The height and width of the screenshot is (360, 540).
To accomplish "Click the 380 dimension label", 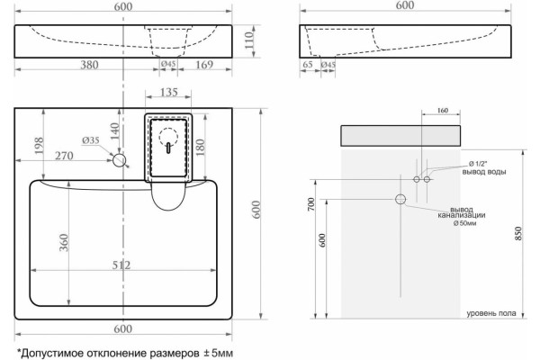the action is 89,65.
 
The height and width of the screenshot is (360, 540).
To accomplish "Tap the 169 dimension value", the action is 204,65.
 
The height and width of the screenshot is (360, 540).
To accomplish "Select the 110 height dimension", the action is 249,40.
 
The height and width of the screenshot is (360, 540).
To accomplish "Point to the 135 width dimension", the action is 169,92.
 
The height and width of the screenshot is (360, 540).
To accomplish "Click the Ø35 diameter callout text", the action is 91,140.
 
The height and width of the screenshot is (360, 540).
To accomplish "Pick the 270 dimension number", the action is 65,156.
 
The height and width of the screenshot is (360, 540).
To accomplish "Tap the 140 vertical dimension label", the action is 114,130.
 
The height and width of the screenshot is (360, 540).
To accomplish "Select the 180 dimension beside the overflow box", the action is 200,147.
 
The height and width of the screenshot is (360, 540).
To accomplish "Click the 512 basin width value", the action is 121,265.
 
